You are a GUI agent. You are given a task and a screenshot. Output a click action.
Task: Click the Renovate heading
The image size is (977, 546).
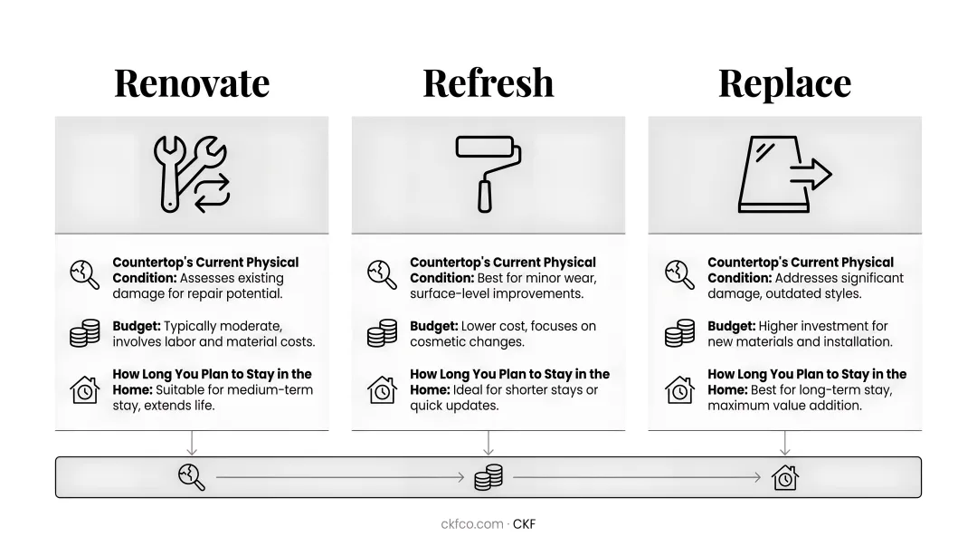click(x=192, y=83)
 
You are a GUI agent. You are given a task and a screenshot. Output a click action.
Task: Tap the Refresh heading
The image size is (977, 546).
click(x=488, y=83)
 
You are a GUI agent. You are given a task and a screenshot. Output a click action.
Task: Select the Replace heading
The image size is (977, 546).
click(x=784, y=84)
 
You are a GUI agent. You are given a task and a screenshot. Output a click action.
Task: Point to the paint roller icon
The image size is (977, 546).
click(x=488, y=174)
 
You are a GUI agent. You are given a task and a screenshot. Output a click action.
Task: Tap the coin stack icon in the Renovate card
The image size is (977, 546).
click(x=85, y=333)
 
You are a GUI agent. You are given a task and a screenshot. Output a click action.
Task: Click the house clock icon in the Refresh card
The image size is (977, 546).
click(x=382, y=390)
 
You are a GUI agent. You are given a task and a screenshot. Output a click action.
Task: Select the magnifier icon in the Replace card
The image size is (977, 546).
click(x=679, y=274)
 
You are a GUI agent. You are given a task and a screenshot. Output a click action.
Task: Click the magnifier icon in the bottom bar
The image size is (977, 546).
click(x=191, y=477)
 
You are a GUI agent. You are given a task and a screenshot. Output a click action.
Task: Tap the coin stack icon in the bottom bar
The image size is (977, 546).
click(x=488, y=477)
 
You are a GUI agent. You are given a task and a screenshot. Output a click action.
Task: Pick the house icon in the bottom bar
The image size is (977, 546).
click(x=785, y=477)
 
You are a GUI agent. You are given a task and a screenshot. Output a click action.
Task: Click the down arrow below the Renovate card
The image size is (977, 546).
click(x=192, y=443)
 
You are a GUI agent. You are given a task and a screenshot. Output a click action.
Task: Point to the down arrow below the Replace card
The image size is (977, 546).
click(x=785, y=443)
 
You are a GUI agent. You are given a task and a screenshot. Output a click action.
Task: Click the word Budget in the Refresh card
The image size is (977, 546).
click(x=433, y=326)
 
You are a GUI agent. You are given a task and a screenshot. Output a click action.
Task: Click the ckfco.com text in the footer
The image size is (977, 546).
click(x=471, y=524)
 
